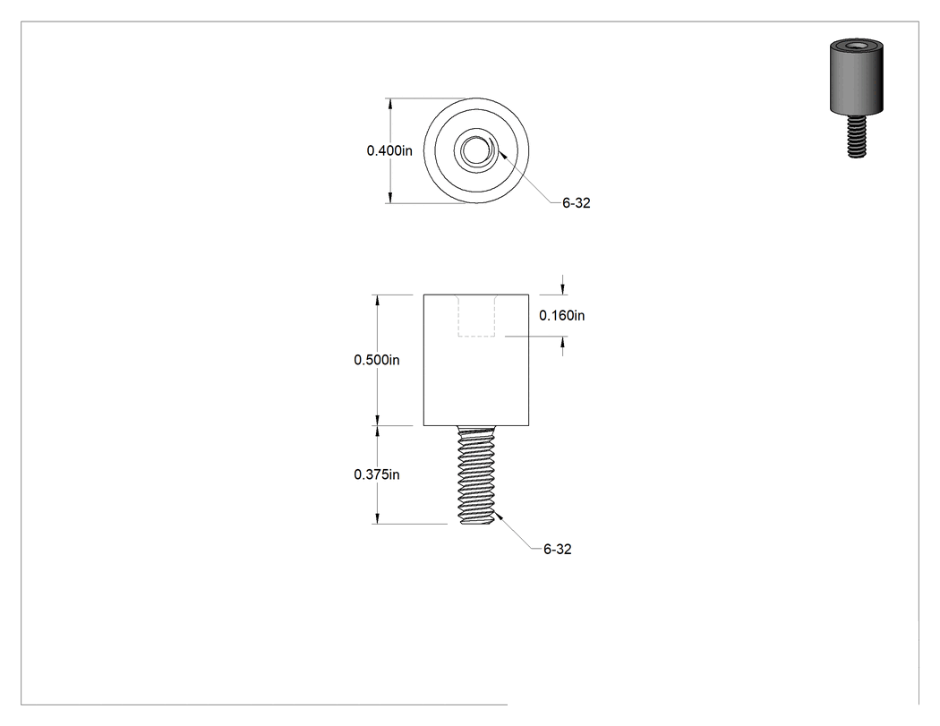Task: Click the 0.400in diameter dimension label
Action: [x=389, y=150]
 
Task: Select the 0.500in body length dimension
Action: [x=377, y=360]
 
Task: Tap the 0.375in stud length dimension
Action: [x=377, y=474]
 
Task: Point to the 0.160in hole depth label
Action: [x=561, y=315]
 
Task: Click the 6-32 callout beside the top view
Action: [x=577, y=203]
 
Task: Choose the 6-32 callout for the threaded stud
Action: [x=558, y=549]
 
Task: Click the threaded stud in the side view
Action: [x=476, y=474]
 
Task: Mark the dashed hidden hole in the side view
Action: [x=476, y=315]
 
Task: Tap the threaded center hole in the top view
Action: [x=476, y=150]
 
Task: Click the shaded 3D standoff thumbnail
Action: [x=857, y=98]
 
